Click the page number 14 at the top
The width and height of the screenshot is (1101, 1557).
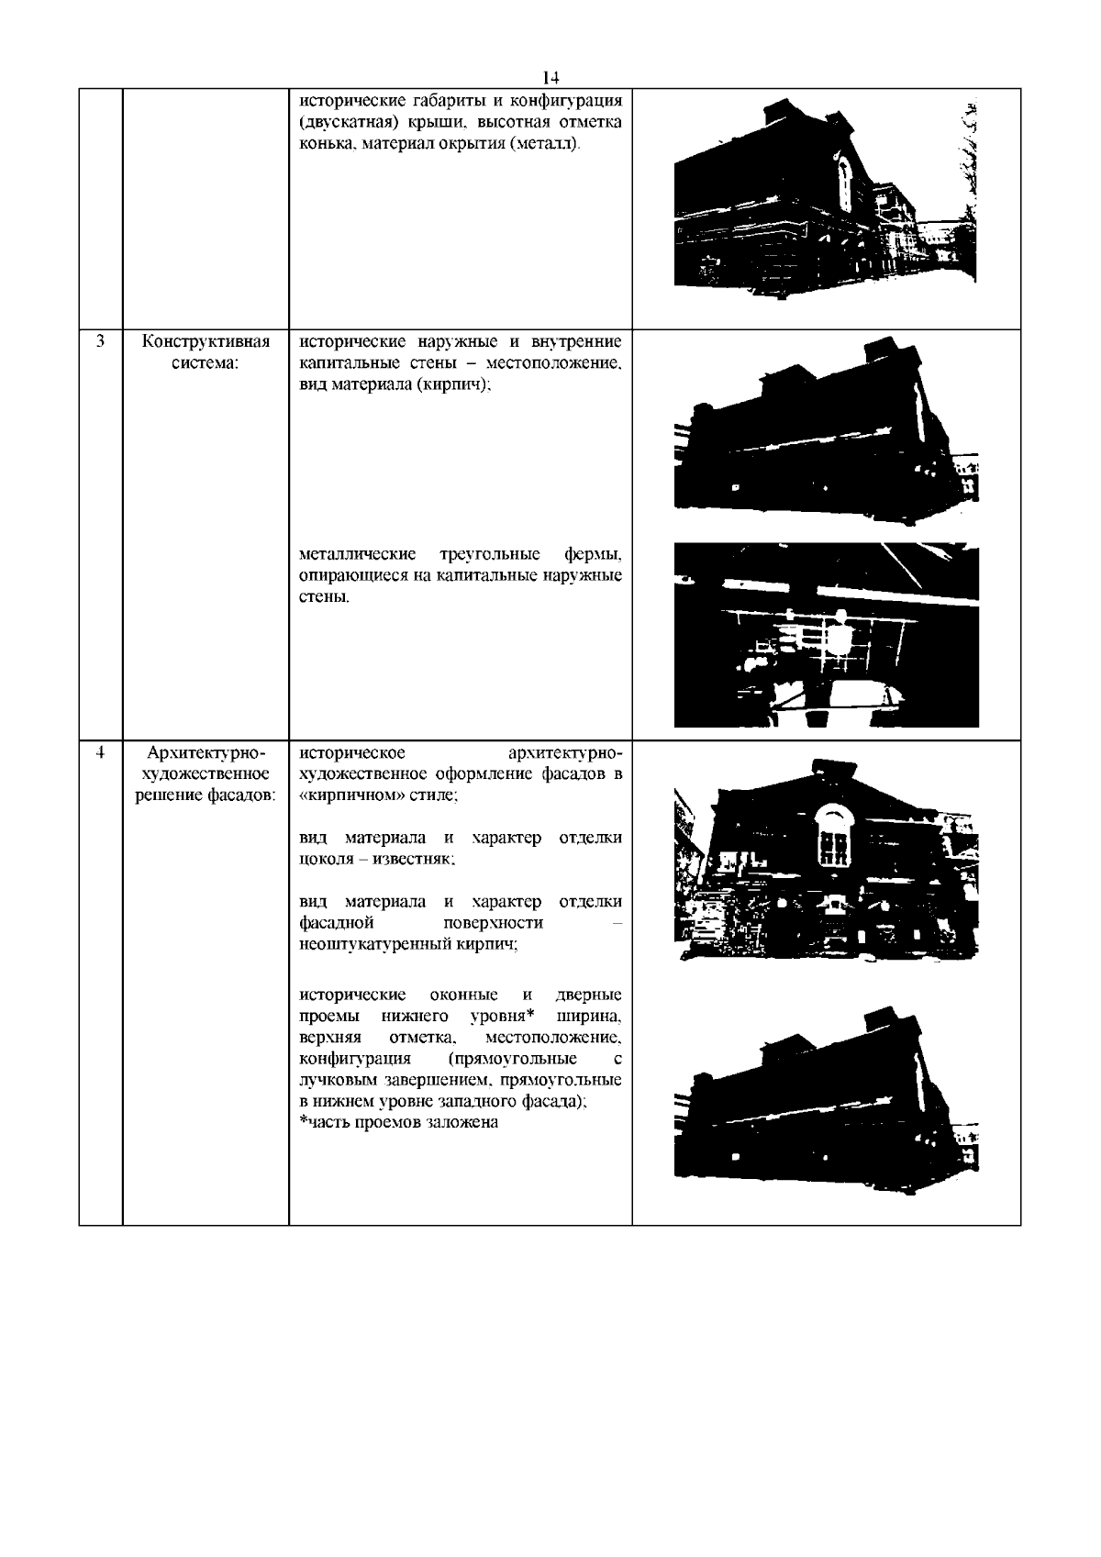click(x=550, y=77)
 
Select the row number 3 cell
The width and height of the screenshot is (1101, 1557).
click(x=100, y=342)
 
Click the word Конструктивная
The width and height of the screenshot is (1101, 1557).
click(x=206, y=342)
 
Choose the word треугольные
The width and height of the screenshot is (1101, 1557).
click(x=485, y=554)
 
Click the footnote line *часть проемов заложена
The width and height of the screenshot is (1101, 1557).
click(x=399, y=1122)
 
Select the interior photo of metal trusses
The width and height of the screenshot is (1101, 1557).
click(x=826, y=635)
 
